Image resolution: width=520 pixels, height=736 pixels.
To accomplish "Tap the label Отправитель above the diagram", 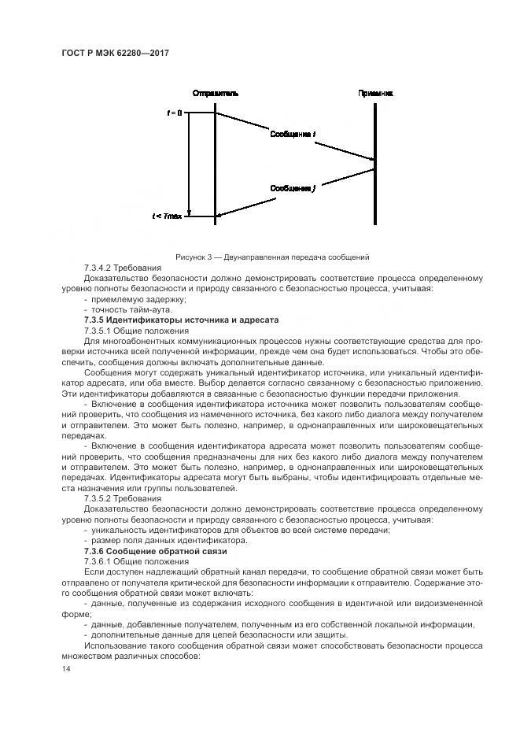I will [215, 93].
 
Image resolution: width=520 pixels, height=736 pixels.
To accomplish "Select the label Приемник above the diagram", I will [375, 93].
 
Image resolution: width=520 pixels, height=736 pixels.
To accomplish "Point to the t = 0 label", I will [174, 113].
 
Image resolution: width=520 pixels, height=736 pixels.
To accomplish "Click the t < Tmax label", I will [168, 215].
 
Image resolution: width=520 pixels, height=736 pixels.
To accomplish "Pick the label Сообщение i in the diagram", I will [293, 135].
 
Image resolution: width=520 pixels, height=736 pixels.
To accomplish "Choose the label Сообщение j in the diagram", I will [293, 188].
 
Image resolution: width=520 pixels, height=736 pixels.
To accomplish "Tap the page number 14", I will [67, 668].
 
